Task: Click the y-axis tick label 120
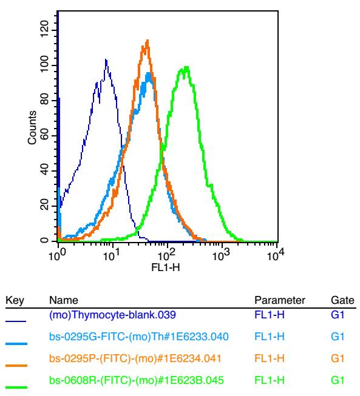pyautogui.click(x=44, y=29)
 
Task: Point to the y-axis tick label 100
pyautogui.click(x=44, y=64)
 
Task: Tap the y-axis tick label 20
pyautogui.click(x=44, y=205)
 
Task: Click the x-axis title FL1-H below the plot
pyautogui.click(x=166, y=267)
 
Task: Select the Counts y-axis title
pyautogui.click(x=32, y=127)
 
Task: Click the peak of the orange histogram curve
pyautogui.click(x=147, y=40)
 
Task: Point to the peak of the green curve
pyautogui.click(x=186, y=67)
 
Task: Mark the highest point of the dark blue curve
pyautogui.click(x=106, y=59)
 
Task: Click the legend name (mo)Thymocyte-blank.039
pyautogui.click(x=112, y=315)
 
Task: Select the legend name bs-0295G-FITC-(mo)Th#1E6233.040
pyautogui.click(x=139, y=337)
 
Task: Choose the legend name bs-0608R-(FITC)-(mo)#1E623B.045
pyautogui.click(x=136, y=380)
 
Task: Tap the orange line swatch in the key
pyautogui.click(x=16, y=366)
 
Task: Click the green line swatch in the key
pyautogui.click(x=16, y=387)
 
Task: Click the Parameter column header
pyautogui.click(x=280, y=300)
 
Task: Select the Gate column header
pyautogui.click(x=342, y=300)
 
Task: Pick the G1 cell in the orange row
pyautogui.click(x=338, y=358)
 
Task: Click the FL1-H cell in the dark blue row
pyautogui.click(x=270, y=315)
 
